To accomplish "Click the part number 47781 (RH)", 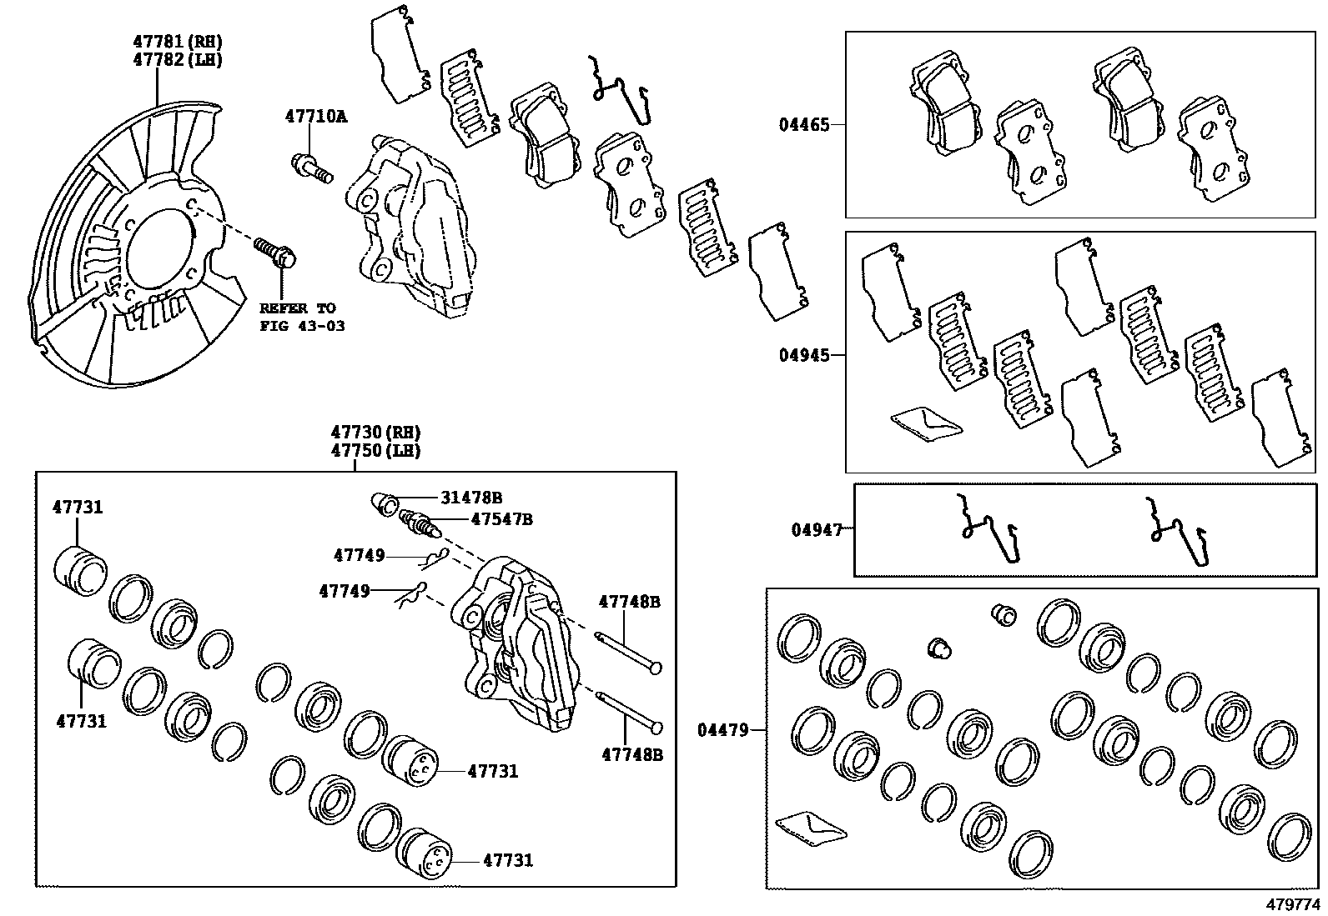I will pos(178,41).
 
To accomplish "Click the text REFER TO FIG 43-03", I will pos(301,317).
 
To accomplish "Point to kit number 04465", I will pos(804,125).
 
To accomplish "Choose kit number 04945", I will pos(804,355).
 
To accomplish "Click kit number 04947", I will pos(816,528).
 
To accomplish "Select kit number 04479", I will pos(722,730).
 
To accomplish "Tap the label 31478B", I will pos(471,498).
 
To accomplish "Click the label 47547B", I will pos(501,518).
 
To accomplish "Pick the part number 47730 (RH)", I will pos(375,432).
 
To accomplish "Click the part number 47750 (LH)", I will pos(375,450).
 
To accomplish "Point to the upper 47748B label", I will pos(630,601).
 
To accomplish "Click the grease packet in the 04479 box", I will pos(810,827).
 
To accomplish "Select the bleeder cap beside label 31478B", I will pos(384,503).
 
